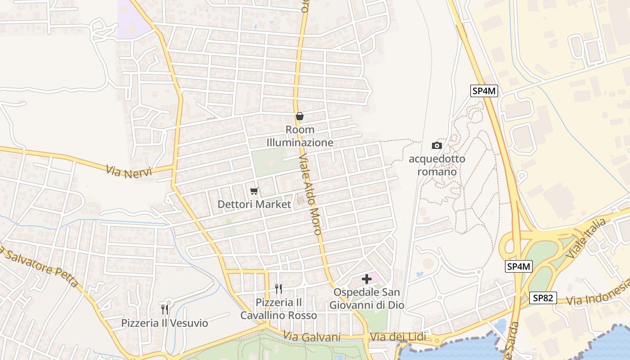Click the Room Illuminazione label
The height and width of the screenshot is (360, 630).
pos(300,136)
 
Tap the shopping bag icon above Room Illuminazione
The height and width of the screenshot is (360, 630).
pos(300,116)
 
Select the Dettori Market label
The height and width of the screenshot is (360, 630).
pos(254,204)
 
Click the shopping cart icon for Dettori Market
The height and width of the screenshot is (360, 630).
pos(254,191)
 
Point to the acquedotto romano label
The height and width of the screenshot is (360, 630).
pos(436,165)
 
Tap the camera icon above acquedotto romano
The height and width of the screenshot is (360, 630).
pos(436,145)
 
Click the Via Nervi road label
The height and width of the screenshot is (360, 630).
pos(129,171)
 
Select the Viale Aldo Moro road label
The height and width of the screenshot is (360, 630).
pos(310,193)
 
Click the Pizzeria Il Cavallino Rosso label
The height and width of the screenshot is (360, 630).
pos(278,309)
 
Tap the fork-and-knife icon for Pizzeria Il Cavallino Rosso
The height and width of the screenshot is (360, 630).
pos(279,288)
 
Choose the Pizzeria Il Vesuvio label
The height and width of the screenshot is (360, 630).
pos(165,323)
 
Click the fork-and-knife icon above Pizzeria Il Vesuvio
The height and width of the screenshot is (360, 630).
pos(165,309)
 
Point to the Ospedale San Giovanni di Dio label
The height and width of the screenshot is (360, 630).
pos(367,299)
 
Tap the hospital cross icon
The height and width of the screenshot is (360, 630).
pos(367,279)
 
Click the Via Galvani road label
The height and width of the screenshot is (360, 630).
pos(312,337)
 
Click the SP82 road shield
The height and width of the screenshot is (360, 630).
pos(543,298)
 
